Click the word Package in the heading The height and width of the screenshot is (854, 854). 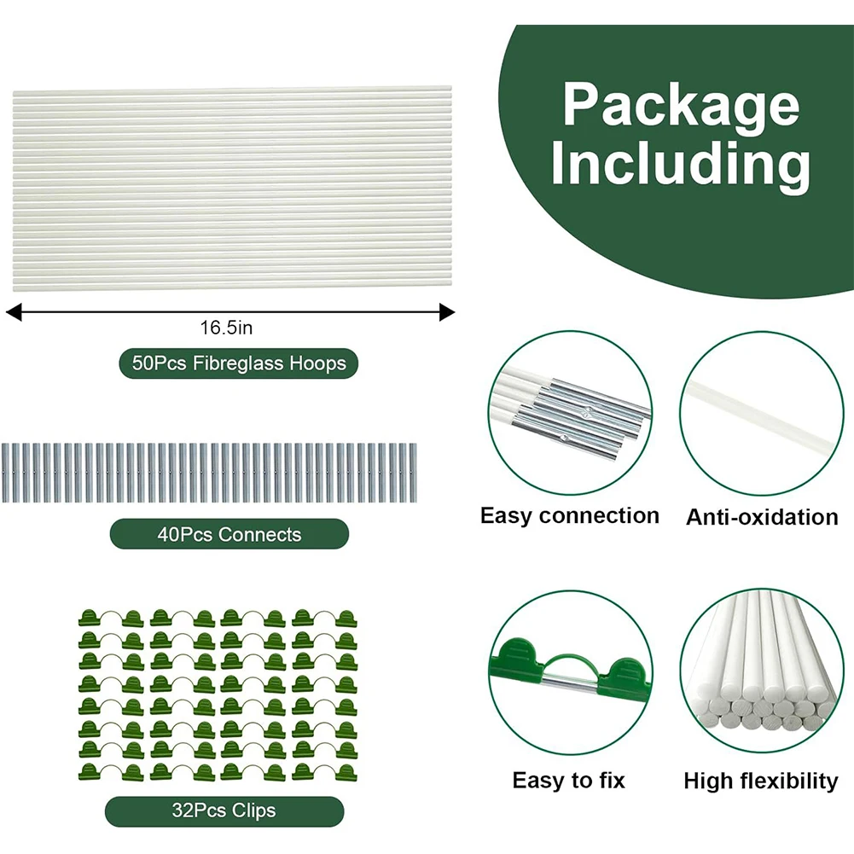pos(681,107)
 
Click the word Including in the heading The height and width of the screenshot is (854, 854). pos(681,166)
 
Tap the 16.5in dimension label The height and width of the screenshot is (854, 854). pos(227,327)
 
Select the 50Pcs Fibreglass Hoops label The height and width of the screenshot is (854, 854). pos(239,363)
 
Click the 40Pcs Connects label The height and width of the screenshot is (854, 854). pos(229,535)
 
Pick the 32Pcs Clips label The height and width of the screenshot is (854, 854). pos(224,810)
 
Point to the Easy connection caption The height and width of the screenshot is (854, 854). pos(569,516)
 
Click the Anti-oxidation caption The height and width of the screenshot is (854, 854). pos(762,517)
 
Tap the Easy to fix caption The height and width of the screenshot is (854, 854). pos(569,781)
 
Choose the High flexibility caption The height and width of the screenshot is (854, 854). pos(761,781)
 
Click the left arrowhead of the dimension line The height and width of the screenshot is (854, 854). pos(12,313)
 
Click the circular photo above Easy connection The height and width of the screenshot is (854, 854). pos(570,415)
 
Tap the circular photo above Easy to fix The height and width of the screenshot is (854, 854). pos(570,673)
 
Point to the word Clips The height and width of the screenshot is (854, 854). pos(253,810)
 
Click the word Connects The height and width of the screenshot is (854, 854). pos(259,535)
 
